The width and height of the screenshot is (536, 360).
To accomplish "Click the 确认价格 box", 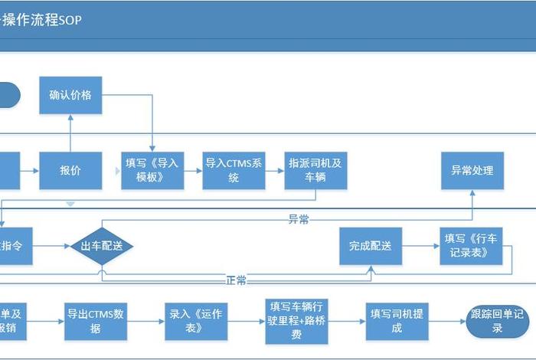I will click(x=70, y=95).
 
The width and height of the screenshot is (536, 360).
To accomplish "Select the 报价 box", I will click(x=70, y=170).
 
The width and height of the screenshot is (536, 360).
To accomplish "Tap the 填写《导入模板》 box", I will click(x=152, y=170).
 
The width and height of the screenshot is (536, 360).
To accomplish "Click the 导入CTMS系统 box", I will click(x=234, y=170).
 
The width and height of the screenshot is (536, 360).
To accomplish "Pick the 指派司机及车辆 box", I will click(x=315, y=170).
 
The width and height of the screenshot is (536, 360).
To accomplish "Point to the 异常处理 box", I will click(x=472, y=170).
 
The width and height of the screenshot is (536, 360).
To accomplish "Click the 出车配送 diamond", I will click(x=102, y=246).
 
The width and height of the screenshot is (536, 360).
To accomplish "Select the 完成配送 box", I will click(x=371, y=246).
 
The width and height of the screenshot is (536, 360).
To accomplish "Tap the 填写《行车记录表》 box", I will click(x=472, y=246).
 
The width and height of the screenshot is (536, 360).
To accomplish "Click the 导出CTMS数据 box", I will click(x=96, y=320).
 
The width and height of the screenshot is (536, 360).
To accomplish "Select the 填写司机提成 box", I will click(x=397, y=320).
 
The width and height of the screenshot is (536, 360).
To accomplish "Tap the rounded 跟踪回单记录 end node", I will click(x=497, y=321).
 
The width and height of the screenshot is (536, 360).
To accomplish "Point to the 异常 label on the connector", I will click(x=299, y=221).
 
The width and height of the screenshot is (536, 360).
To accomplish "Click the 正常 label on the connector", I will click(x=237, y=280).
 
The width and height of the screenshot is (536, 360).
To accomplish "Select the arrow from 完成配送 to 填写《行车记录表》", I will click(x=420, y=246).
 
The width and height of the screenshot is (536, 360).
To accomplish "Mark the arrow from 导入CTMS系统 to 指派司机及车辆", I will click(x=274, y=170).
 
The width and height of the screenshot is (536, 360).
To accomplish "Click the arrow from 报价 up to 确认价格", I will click(x=70, y=132).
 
